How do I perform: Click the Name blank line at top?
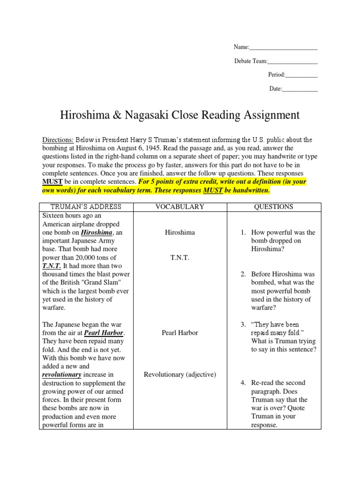tap(283, 47)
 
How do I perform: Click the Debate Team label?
tap(251, 61)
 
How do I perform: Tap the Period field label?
tap(276, 75)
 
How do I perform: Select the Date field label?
tap(275, 88)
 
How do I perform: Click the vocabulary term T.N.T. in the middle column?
tap(180, 258)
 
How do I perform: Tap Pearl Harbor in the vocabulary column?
tap(180, 333)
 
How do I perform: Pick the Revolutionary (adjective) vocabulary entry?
tap(180, 375)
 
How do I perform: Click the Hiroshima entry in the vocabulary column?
tap(180, 232)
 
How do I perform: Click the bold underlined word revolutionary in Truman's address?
tap(62, 375)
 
